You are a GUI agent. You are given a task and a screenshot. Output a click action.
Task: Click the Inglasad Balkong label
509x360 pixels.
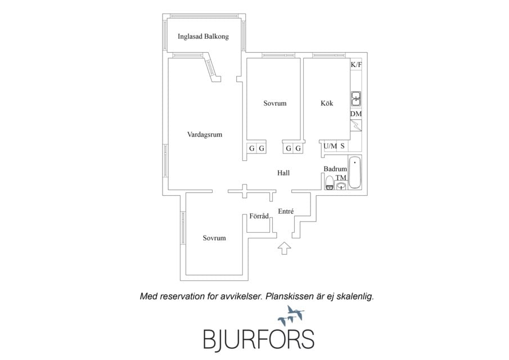(x=203, y=37)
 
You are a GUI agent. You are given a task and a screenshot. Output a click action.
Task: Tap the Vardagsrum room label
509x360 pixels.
(x=205, y=134)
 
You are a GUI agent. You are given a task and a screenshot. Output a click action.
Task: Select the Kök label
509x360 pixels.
(x=327, y=103)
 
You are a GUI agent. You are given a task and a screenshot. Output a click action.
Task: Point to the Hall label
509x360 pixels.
(x=283, y=173)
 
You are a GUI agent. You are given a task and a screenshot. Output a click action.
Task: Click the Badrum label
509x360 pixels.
(x=335, y=169)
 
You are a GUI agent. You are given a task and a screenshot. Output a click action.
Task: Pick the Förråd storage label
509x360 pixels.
(x=259, y=216)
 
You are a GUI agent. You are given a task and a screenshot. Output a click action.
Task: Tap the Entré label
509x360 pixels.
(x=286, y=211)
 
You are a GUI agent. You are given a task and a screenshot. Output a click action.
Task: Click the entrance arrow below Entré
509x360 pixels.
(x=285, y=248)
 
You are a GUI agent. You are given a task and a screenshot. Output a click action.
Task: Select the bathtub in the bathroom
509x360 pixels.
(x=355, y=172)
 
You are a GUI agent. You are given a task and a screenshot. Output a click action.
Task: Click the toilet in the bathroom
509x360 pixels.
(x=330, y=183)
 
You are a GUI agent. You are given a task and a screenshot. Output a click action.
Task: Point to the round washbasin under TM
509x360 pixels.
(x=341, y=186)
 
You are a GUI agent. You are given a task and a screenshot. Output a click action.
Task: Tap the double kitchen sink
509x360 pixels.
(x=356, y=98)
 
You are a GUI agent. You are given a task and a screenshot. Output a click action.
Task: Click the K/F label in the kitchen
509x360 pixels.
(x=356, y=65)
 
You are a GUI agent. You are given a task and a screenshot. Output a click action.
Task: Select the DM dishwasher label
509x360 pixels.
(x=356, y=114)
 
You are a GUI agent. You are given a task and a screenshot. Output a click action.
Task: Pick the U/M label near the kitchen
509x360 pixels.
(x=331, y=146)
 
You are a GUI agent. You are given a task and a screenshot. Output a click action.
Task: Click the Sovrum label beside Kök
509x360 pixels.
(x=275, y=103)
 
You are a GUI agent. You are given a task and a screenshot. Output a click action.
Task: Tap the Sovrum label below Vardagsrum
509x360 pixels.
(x=214, y=238)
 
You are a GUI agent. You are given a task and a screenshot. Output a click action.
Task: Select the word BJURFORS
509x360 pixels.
(x=259, y=340)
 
